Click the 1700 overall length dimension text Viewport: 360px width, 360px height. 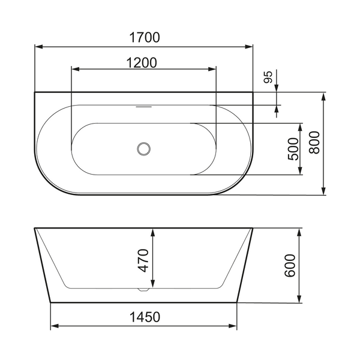(x=143, y=37)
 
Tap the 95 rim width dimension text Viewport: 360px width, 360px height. (x=269, y=76)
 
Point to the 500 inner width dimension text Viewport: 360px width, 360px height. (x=292, y=149)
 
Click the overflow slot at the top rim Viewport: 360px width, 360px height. (x=144, y=108)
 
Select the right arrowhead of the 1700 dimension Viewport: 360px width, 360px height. (x=250, y=46)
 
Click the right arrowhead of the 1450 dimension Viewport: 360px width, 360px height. (x=234, y=326)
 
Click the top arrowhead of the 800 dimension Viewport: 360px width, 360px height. (x=324, y=96)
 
